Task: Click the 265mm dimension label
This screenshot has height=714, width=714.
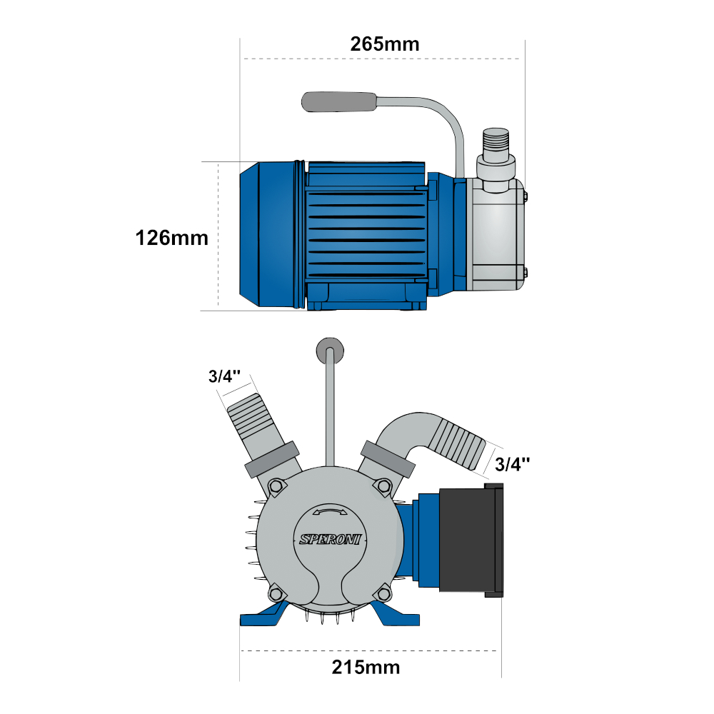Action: (385, 44)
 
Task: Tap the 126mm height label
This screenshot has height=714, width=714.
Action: (171, 238)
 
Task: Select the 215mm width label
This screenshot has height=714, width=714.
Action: (366, 667)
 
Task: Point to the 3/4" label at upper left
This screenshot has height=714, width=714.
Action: (224, 376)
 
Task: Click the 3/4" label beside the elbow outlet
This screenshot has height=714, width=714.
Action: (512, 464)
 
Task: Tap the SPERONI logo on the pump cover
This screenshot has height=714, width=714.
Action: (330, 539)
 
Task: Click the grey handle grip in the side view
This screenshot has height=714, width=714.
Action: (339, 101)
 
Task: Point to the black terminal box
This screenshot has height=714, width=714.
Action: (471, 540)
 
